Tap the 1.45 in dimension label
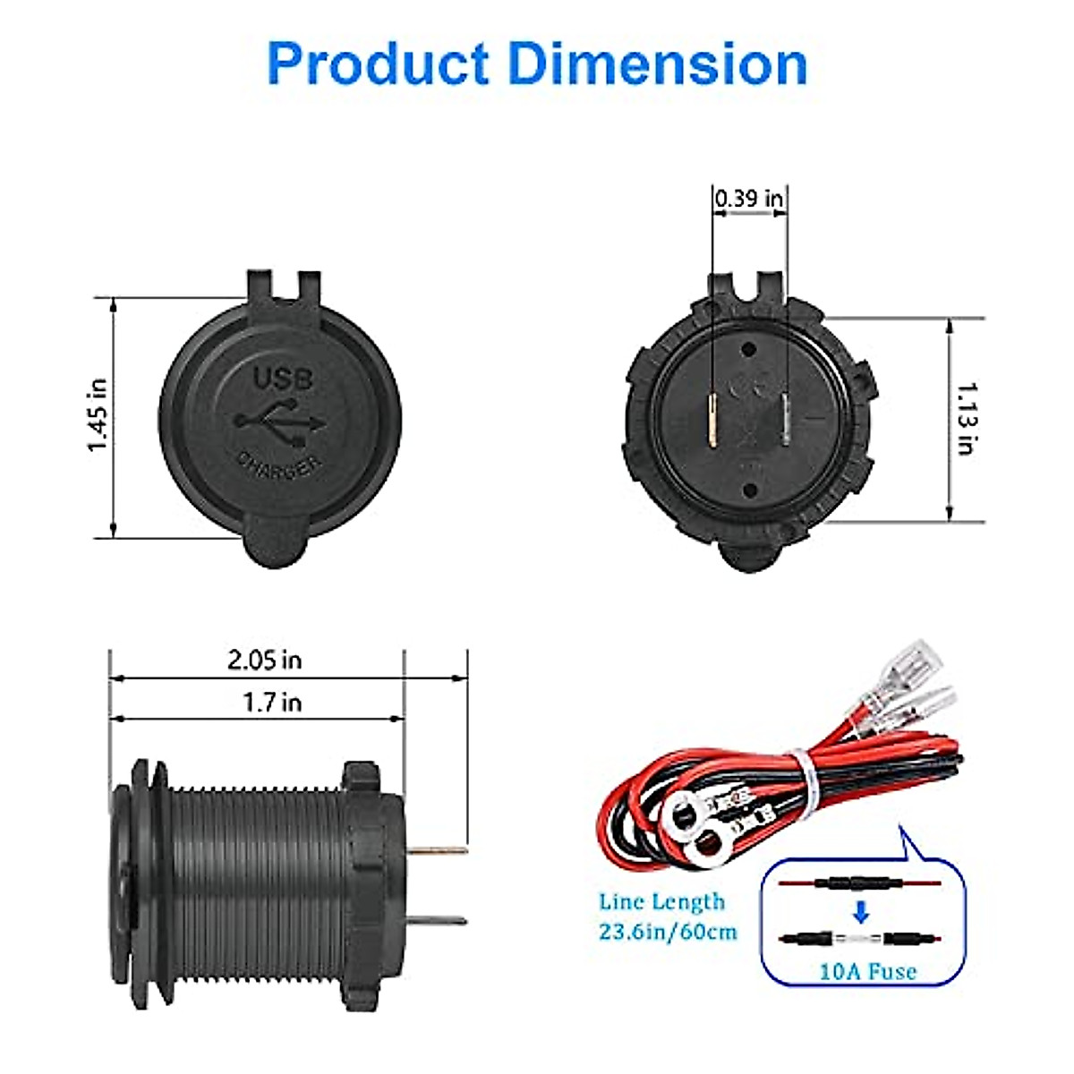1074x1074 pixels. [x=98, y=414]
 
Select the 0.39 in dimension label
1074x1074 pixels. [x=748, y=199]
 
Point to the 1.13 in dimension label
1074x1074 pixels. [x=967, y=419]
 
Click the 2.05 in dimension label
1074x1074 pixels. [x=265, y=661]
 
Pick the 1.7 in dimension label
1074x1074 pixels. [x=273, y=703]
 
